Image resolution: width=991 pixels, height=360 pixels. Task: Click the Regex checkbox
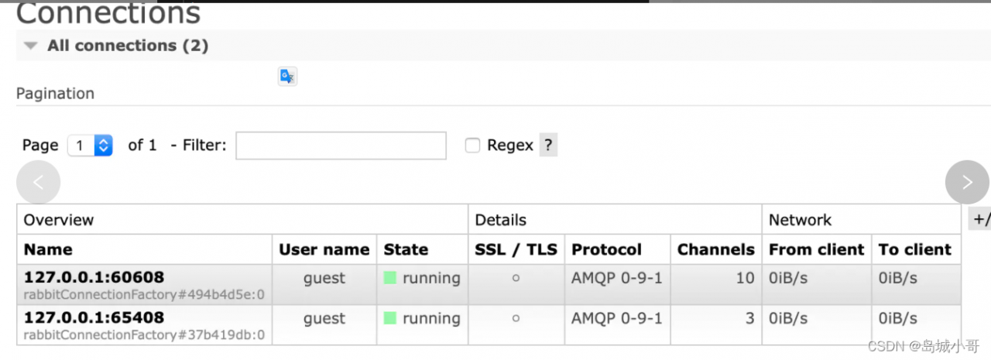pyautogui.click(x=472, y=145)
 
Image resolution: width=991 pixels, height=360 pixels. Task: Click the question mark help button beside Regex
pyautogui.click(x=548, y=145)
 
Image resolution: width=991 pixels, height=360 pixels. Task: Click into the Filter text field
pyautogui.click(x=341, y=146)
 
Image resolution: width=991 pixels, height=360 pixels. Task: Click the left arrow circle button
pyautogui.click(x=38, y=183)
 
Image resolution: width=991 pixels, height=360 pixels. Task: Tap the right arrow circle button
pyautogui.click(x=967, y=183)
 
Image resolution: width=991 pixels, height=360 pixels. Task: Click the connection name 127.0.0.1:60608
pyautogui.click(x=94, y=277)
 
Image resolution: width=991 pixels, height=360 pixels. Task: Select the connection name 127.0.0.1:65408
pyautogui.click(x=94, y=317)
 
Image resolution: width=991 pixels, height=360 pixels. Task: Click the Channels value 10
pyautogui.click(x=745, y=277)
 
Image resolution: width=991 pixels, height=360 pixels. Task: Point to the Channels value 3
pyautogui.click(x=749, y=317)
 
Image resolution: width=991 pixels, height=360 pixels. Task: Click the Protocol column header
pyautogui.click(x=606, y=249)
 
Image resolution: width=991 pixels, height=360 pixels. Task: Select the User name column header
pyautogui.click(x=324, y=249)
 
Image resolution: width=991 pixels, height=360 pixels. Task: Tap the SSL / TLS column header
pyautogui.click(x=516, y=249)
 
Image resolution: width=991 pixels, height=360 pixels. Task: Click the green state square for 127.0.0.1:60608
pyautogui.click(x=390, y=277)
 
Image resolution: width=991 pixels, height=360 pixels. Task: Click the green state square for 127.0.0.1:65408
pyautogui.click(x=390, y=317)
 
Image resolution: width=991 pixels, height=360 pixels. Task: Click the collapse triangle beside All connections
pyautogui.click(x=30, y=46)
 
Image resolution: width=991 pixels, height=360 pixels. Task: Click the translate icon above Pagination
pyautogui.click(x=287, y=76)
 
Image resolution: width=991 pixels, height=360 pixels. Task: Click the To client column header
pyautogui.click(x=914, y=249)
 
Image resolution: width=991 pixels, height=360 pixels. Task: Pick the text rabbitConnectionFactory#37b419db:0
pyautogui.click(x=144, y=334)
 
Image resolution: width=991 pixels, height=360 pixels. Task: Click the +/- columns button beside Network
pyautogui.click(x=979, y=219)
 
